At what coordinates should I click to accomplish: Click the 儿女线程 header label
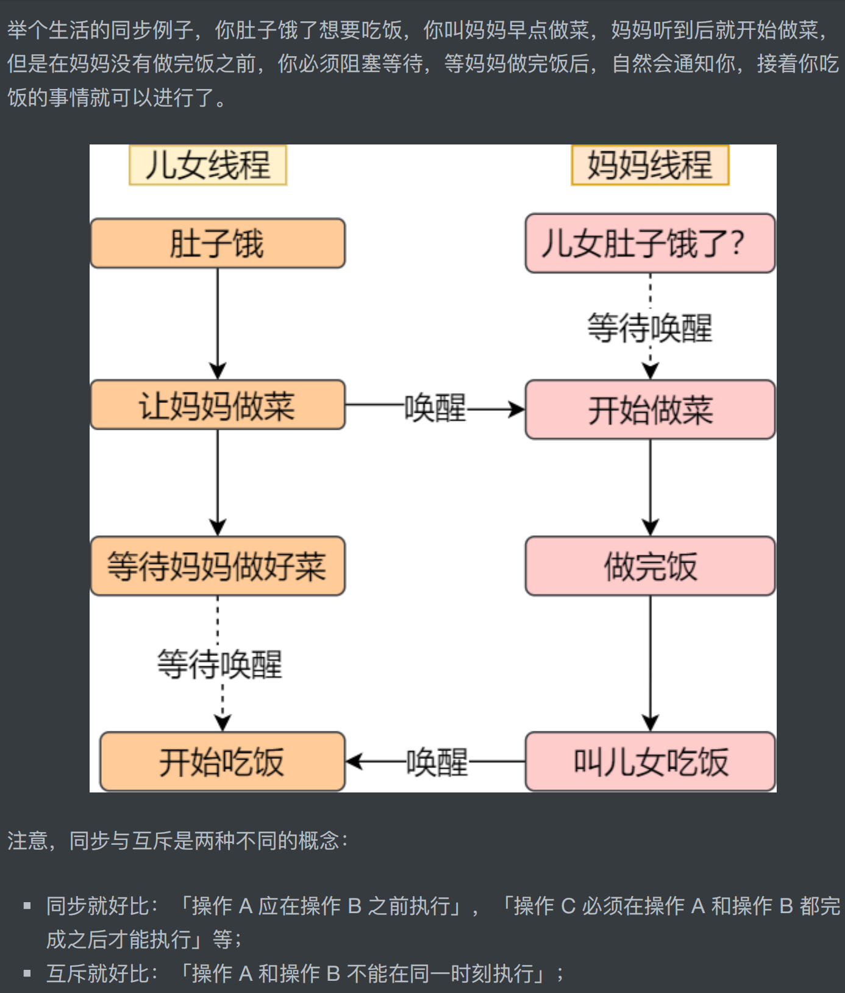point(208,165)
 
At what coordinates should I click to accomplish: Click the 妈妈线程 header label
point(650,165)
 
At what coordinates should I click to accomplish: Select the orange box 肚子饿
point(218,244)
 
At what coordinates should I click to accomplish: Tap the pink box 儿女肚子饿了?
point(650,244)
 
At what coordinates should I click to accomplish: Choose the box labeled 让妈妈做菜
point(218,405)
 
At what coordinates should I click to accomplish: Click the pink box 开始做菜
point(650,410)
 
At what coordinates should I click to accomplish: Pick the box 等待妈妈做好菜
point(218,566)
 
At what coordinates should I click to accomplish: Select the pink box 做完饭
point(650,566)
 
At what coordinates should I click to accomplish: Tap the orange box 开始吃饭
point(223,762)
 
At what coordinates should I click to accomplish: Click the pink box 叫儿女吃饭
point(650,762)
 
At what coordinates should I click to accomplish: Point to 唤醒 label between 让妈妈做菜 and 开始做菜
point(435,408)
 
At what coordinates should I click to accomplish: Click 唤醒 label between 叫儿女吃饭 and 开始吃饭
point(437,762)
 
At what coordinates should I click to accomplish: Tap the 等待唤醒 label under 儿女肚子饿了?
point(650,328)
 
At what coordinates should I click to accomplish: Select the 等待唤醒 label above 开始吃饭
point(220,664)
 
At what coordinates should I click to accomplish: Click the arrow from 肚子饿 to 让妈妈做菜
point(218,323)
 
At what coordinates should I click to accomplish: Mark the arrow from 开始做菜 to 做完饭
point(650,488)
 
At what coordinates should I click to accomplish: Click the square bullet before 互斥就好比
point(27,973)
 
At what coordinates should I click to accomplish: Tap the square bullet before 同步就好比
point(27,906)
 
